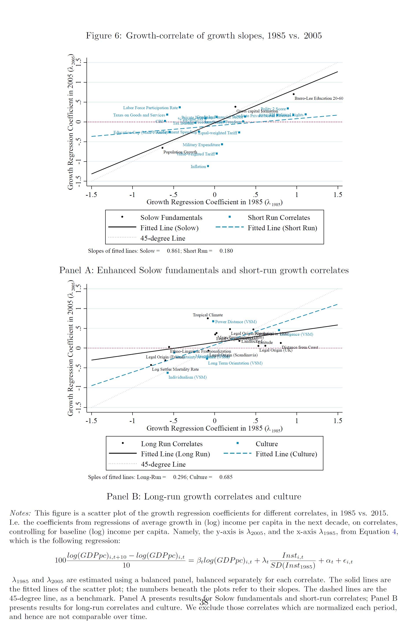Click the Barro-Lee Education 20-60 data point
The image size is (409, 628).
(293, 94)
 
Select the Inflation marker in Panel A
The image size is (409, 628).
(208, 166)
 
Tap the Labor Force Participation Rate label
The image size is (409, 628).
(150, 108)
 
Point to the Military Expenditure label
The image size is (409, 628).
(201, 145)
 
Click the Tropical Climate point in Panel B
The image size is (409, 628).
(208, 318)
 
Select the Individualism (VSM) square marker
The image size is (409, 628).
(168, 373)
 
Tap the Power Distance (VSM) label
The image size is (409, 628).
(236, 322)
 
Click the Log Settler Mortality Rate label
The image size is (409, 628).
(175, 369)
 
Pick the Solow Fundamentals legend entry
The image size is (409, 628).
(171, 217)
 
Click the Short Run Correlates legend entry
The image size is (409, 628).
(279, 217)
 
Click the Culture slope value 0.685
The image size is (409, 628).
(226, 477)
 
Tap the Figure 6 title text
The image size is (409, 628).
(204, 36)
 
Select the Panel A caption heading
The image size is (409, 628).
(204, 270)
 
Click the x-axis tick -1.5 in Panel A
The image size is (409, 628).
(91, 195)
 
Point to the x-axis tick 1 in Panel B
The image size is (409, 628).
(297, 421)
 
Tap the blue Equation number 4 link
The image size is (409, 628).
(394, 531)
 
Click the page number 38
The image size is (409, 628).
(204, 602)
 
